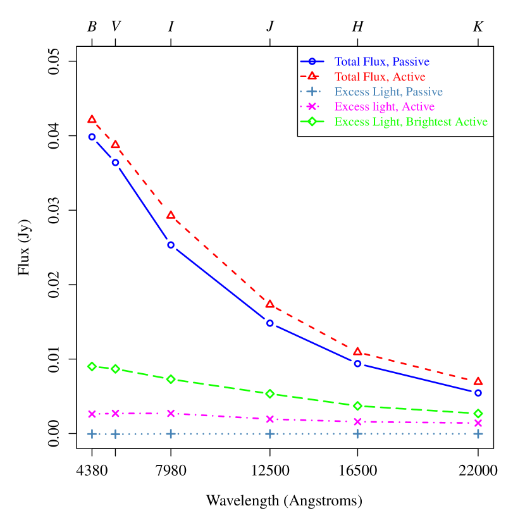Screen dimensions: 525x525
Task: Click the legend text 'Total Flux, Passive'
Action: [x=382, y=62]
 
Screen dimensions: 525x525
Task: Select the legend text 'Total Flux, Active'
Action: [x=380, y=77]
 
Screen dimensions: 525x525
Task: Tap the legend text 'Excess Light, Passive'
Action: [x=388, y=92]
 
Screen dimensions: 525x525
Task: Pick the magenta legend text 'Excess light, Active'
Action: [x=385, y=107]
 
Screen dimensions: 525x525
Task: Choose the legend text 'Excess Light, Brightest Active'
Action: [x=411, y=122]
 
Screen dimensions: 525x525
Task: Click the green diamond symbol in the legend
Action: [x=312, y=121]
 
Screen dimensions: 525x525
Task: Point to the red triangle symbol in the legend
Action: [x=312, y=77]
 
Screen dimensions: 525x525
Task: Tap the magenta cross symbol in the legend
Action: [x=312, y=106]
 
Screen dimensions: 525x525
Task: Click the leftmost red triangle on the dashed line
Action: [x=92, y=120]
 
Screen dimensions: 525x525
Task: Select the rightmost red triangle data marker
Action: [x=478, y=381]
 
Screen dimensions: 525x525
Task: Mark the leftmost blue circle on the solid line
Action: [x=92, y=137]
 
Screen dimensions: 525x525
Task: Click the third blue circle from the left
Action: [x=171, y=245]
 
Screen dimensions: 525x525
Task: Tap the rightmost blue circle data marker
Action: [x=478, y=393]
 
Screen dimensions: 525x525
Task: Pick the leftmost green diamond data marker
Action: [x=92, y=366]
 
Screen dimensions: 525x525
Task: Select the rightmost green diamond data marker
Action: [x=478, y=413]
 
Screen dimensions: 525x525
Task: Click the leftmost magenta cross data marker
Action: [x=92, y=414]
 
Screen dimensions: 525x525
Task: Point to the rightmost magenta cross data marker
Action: [x=478, y=423]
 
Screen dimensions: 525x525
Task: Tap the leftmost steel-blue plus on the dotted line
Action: [x=92, y=434]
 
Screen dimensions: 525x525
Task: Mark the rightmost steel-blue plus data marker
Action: [x=478, y=434]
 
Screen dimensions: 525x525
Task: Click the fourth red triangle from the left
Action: [x=270, y=304]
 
